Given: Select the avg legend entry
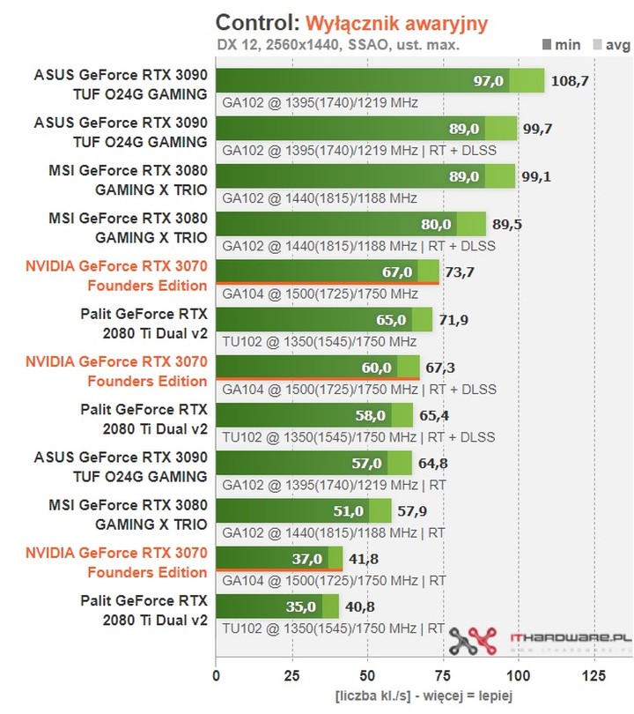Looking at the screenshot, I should [610, 43].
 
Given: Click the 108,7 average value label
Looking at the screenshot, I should [570, 81].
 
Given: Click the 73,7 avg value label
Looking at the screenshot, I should [460, 271].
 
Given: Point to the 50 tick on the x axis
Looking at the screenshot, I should [367, 676].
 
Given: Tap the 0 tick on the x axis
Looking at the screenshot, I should [217, 676].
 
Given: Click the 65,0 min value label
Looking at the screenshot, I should [391, 319].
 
